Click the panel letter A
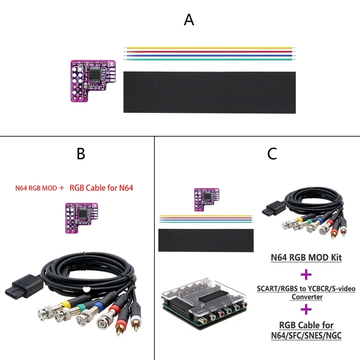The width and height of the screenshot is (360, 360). click(189, 20)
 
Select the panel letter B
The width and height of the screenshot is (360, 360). click(81, 154)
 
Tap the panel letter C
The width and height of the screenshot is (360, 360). click(272, 154)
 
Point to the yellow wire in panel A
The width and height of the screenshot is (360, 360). click(209, 47)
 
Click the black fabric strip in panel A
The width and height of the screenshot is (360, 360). click(209, 92)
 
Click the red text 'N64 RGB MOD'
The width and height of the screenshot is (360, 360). click(36, 188)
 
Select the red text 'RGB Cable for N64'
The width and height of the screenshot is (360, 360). click(101, 188)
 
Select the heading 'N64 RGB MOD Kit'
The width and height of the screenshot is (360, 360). click(306, 258)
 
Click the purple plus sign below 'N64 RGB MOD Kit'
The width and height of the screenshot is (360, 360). click(306, 274)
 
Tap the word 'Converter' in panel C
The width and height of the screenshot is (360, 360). click(306, 297)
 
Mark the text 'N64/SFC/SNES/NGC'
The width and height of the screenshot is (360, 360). click(306, 335)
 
